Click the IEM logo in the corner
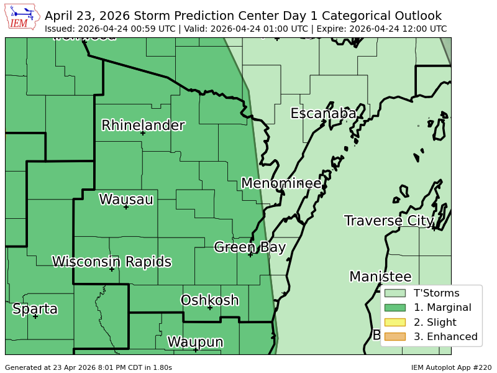click(x=22, y=17)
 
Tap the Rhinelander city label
click(x=143, y=126)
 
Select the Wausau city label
click(x=126, y=200)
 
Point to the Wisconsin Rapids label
click(x=112, y=262)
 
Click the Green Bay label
click(x=250, y=247)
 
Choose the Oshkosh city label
click(x=209, y=300)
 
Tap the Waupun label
click(x=195, y=342)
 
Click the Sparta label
click(x=35, y=309)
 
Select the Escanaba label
click(x=323, y=114)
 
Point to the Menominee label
click(x=281, y=183)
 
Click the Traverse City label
click(x=389, y=221)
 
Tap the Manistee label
click(x=380, y=277)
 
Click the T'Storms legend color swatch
click(x=394, y=293)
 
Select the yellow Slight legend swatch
click(x=394, y=322)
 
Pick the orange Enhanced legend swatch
click(x=394, y=336)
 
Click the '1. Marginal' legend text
click(x=442, y=307)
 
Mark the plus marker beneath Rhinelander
click(x=142, y=133)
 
